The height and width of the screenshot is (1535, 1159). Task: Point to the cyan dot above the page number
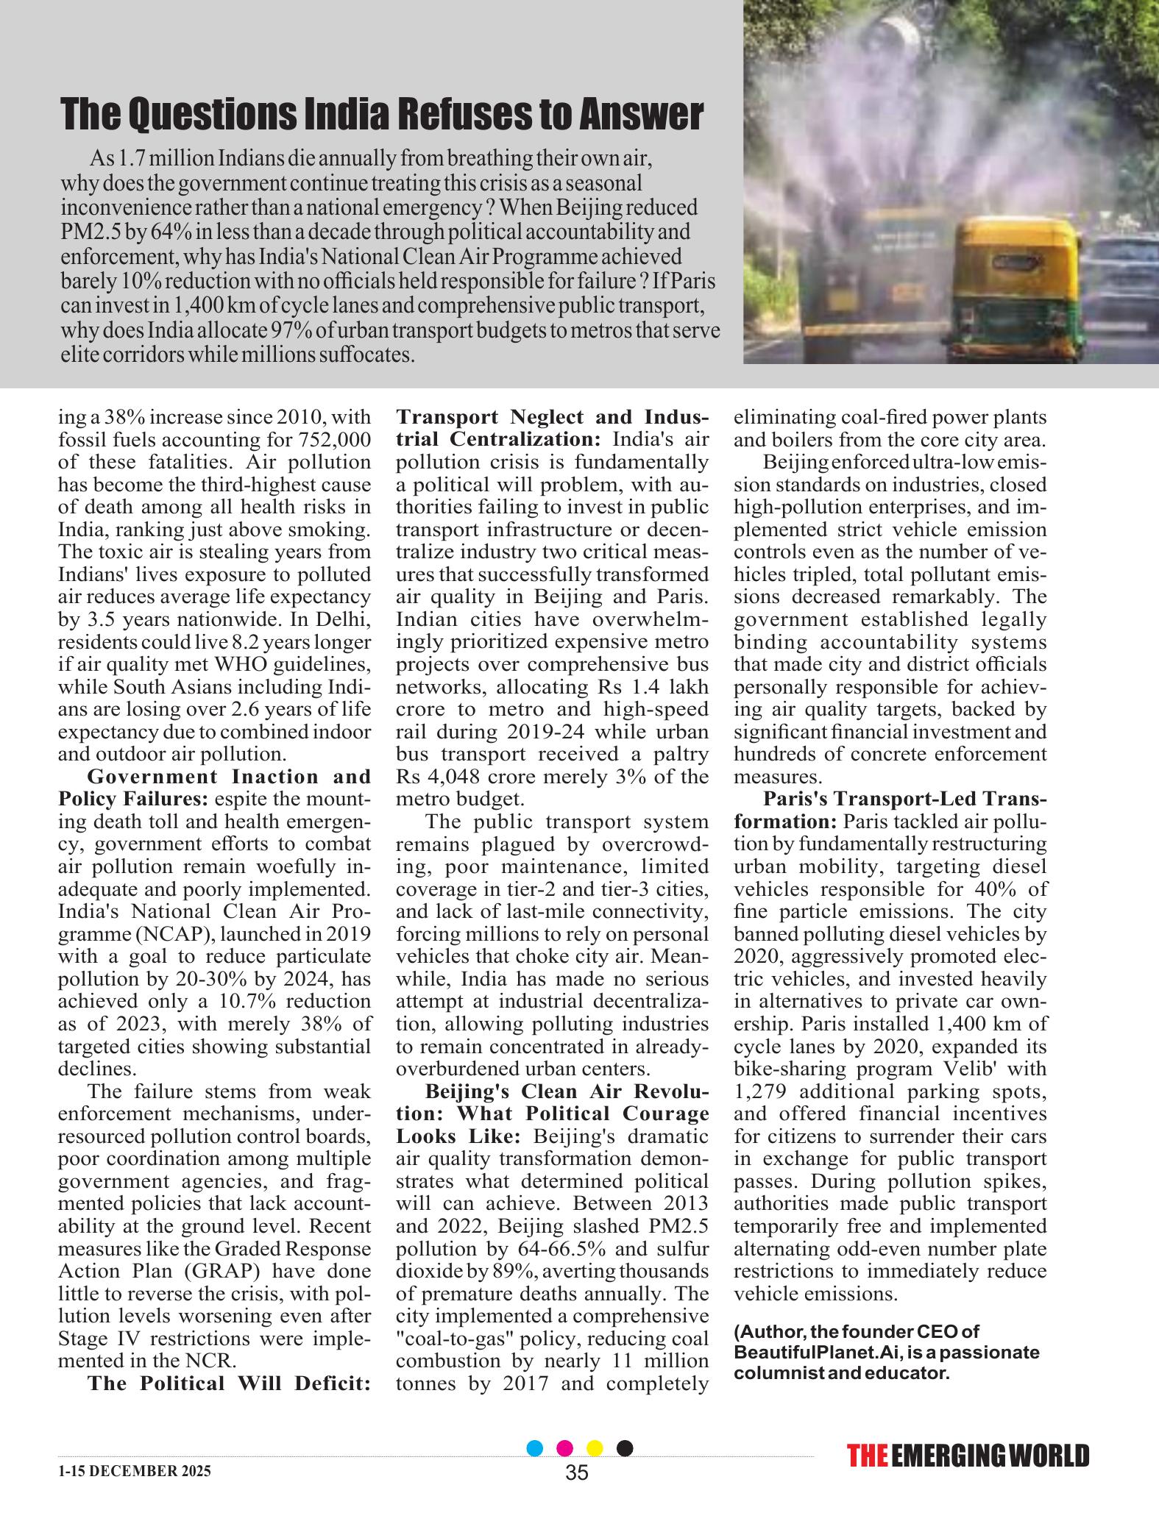[536, 1448]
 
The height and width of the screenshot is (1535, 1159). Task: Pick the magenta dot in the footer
[565, 1448]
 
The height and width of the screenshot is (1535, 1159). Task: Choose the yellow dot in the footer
[595, 1448]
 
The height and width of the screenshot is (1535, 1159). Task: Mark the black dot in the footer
[624, 1448]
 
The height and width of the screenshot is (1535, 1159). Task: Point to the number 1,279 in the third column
[764, 1091]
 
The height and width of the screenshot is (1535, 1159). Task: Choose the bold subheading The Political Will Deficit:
[229, 1383]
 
